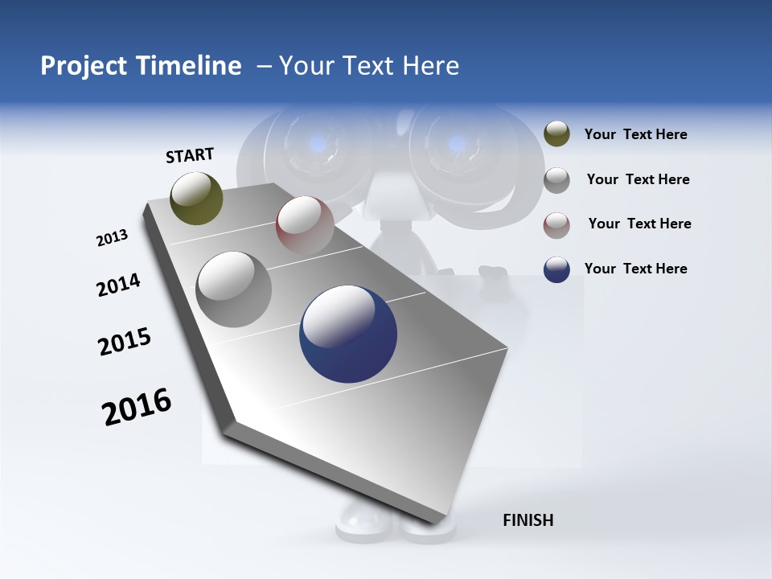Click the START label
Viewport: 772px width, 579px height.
[x=190, y=155]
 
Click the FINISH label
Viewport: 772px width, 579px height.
[x=528, y=520]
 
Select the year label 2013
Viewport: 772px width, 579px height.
[x=112, y=238]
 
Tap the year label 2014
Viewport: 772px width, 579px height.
[x=118, y=285]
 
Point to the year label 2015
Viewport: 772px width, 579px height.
[x=125, y=342]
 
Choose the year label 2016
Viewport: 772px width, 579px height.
[x=137, y=407]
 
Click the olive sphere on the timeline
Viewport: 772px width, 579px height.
[x=196, y=198]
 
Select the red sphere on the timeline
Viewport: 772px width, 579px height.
[x=305, y=224]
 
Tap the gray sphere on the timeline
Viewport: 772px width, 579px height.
[x=234, y=289]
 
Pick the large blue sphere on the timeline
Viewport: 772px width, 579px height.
[x=348, y=334]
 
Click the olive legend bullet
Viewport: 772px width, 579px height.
[x=556, y=134]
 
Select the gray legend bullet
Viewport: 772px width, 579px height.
[x=556, y=180]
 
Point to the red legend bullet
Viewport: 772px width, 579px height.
[x=556, y=225]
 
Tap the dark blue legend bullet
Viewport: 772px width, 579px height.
[x=556, y=269]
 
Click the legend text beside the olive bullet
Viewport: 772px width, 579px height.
[x=635, y=134]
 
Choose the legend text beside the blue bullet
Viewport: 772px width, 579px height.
[x=635, y=269]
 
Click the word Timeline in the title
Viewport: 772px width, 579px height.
[x=189, y=66]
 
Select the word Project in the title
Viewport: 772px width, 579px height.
[x=84, y=66]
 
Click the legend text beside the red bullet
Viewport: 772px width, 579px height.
[x=639, y=224]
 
